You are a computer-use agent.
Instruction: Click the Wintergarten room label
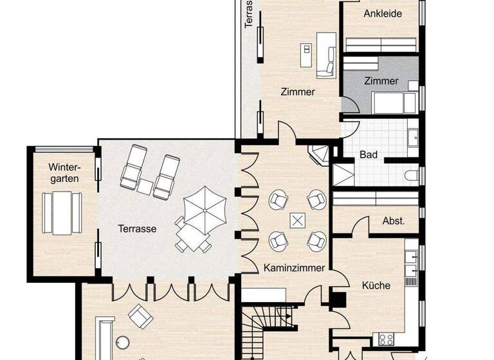64,172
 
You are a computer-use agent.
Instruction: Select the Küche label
376,285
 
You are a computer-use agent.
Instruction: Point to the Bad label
369,155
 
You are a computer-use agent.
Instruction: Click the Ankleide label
383,14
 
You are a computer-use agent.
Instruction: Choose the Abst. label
394,221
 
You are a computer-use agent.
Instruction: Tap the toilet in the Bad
412,175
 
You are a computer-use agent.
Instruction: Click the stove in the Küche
387,339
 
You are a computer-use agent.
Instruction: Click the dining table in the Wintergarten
62,213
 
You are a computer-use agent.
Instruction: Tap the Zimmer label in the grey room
381,81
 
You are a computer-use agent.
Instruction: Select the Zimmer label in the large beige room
298,92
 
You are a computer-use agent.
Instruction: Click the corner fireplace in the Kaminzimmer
319,154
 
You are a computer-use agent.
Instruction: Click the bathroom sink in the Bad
414,137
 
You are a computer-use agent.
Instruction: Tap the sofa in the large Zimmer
327,54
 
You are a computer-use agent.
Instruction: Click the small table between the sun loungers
145,186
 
